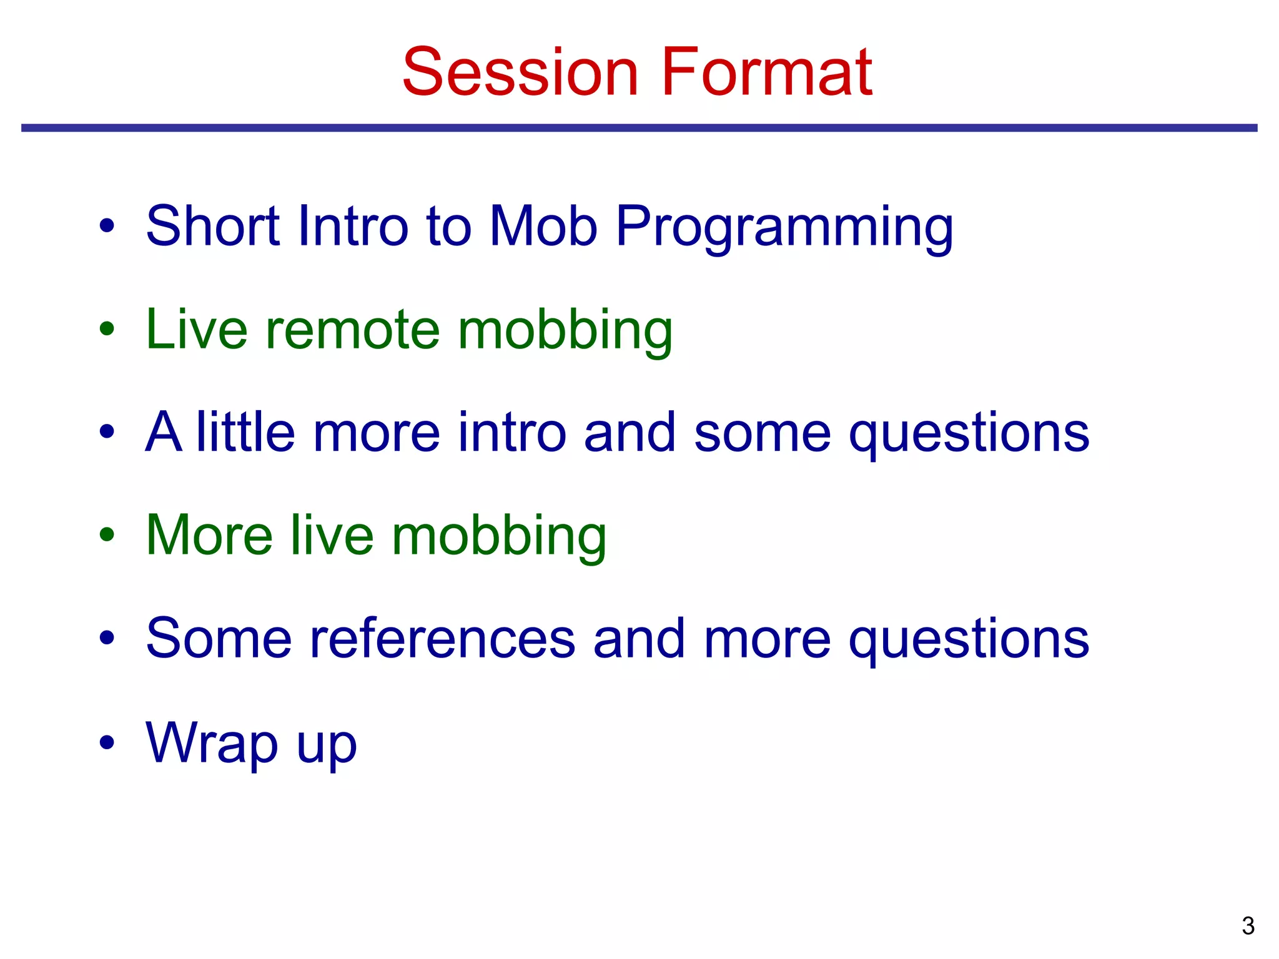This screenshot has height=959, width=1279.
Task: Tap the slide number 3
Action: pyautogui.click(x=1248, y=926)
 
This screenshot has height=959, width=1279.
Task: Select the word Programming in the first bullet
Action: pyautogui.click(x=784, y=228)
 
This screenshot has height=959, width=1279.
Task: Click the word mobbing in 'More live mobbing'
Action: pyautogui.click(x=499, y=538)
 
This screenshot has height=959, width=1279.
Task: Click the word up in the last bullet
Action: pyautogui.click(x=327, y=748)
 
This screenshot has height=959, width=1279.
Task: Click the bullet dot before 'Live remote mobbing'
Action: pyautogui.click(x=107, y=328)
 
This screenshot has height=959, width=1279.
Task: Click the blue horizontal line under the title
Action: pyautogui.click(x=639, y=128)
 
